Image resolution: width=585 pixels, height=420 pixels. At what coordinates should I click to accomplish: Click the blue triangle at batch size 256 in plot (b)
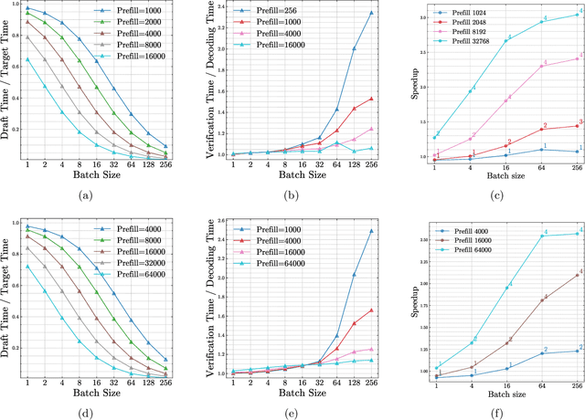click(371, 13)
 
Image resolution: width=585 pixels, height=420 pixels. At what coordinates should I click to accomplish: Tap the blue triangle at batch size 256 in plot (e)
click(371, 231)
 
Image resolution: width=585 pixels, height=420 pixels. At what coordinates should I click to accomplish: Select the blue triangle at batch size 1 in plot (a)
click(27, 8)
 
